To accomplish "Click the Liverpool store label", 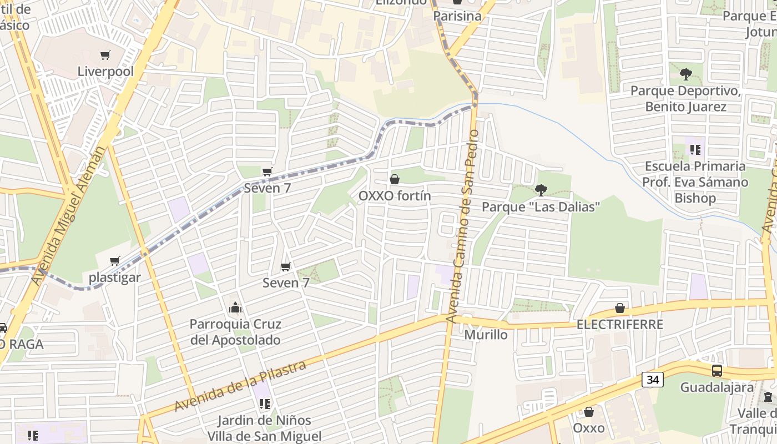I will point(105,72).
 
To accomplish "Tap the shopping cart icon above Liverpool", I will point(105,55).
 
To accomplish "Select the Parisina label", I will point(457,16).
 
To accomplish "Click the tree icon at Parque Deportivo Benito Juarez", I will point(686,74).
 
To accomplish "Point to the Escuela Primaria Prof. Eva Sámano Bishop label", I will point(695,182).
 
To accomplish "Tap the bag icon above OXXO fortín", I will point(395,179).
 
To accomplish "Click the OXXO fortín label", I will point(395,196).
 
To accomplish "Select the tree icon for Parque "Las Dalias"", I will point(541,190).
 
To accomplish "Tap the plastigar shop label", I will point(115,277).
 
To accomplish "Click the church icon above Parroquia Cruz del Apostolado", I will point(235,307).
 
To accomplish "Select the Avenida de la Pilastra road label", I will point(240,386).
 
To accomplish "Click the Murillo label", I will point(486,335).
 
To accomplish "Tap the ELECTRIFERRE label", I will point(620,325).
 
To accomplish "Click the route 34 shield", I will point(653,380).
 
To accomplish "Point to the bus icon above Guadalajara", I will point(717,371).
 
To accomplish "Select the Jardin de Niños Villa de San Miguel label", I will point(264,428).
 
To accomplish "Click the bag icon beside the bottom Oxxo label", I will point(589,412).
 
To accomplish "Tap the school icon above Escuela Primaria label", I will point(695,149).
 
